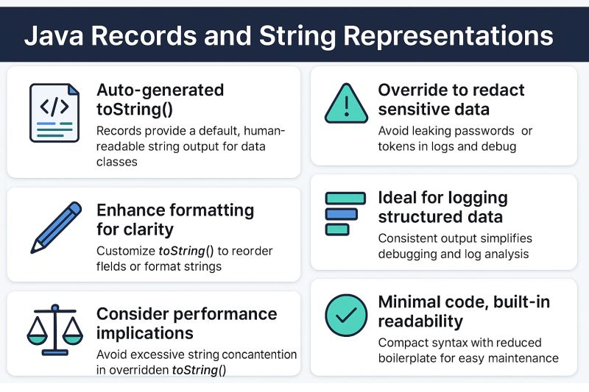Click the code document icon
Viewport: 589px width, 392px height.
(54, 113)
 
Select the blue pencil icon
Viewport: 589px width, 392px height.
(55, 227)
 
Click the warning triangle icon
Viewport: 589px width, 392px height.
(345, 104)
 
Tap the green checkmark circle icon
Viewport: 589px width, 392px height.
(345, 316)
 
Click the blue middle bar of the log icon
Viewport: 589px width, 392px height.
(341, 214)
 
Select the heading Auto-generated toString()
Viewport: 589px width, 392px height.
(161, 100)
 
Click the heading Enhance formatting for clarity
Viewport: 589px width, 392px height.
(175, 219)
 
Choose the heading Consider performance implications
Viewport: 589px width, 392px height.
(186, 324)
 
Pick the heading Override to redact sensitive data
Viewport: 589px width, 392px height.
(451, 100)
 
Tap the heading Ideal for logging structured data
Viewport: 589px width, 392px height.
(442, 207)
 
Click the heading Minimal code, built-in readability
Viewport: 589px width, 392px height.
(463, 312)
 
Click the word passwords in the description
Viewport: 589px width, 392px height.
(471, 131)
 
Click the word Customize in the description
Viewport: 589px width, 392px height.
(126, 251)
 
